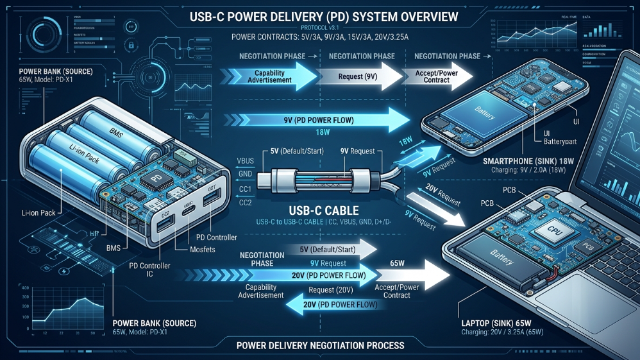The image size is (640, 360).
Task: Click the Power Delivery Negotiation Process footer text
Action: [x=320, y=345]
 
